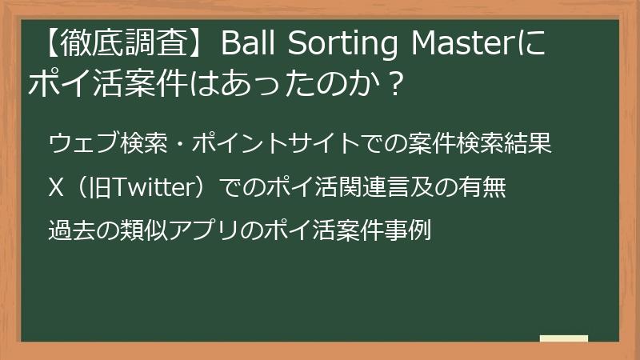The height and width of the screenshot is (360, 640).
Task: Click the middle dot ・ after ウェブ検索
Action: [181, 144]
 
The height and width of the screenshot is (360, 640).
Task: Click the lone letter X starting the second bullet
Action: [56, 188]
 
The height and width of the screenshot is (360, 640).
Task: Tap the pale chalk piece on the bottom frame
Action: [563, 338]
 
